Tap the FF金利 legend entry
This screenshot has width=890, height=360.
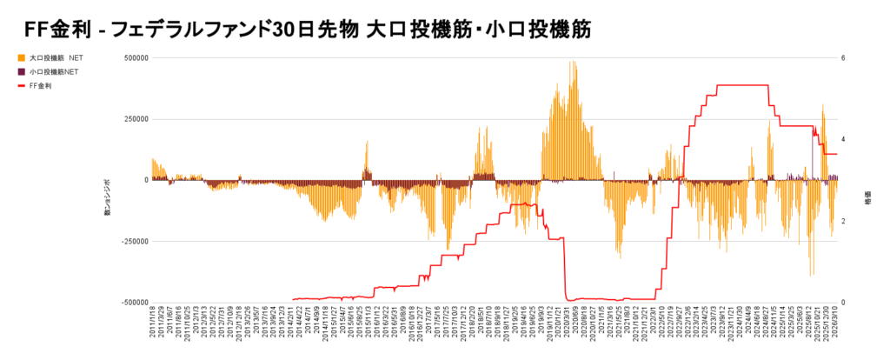(x=40, y=85)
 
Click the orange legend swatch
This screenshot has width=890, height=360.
(x=21, y=57)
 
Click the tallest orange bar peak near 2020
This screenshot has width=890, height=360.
(x=573, y=63)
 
